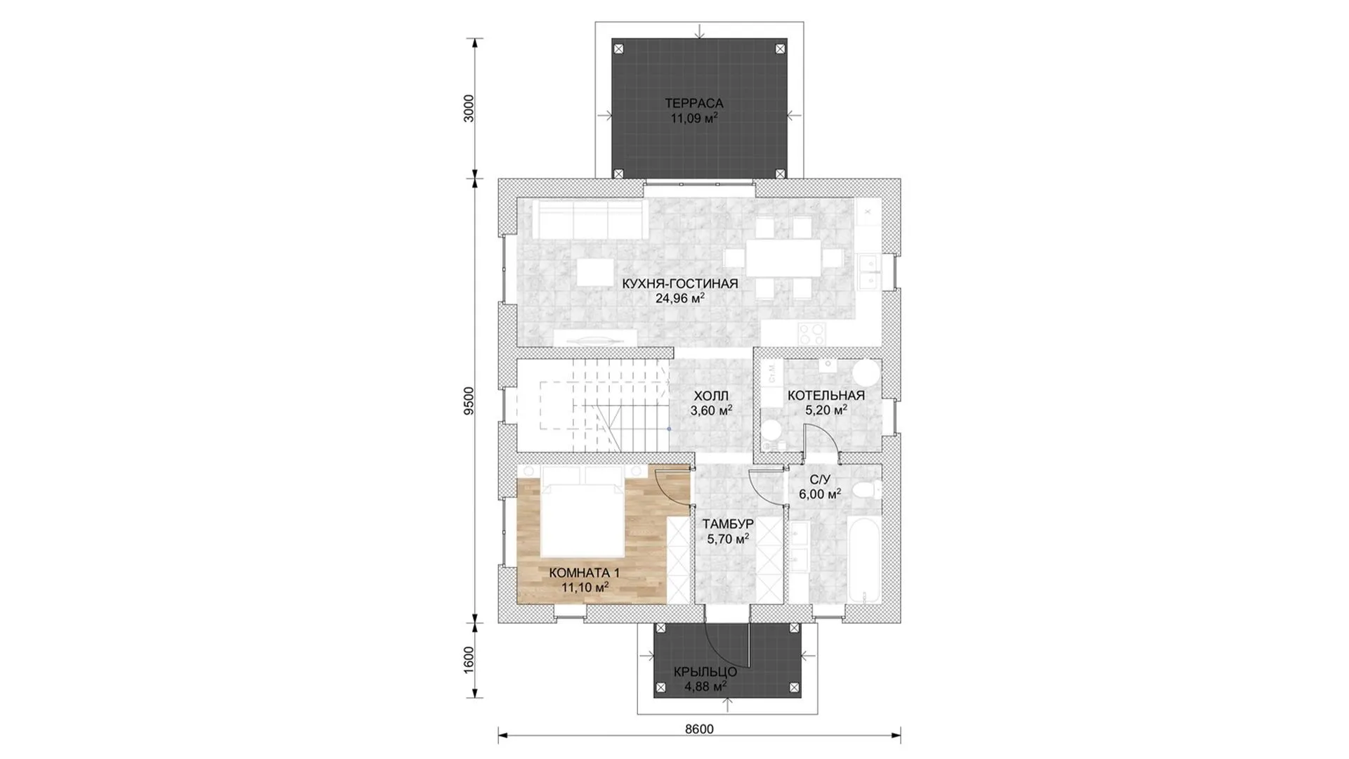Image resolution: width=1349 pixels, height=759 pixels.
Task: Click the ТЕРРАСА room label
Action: [x=694, y=104]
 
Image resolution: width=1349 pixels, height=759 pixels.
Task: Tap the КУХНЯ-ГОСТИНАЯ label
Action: [x=680, y=284]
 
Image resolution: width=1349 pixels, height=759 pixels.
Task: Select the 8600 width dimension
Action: [x=699, y=729]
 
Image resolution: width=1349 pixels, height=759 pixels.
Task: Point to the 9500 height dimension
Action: [x=469, y=401]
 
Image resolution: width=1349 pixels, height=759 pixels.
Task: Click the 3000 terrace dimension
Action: [x=469, y=108]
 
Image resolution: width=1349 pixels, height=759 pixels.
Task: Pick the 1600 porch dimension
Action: [x=469, y=660]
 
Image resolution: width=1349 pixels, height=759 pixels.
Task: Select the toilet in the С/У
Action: [x=867, y=490]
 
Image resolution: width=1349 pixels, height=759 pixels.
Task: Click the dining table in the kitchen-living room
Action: [x=783, y=258]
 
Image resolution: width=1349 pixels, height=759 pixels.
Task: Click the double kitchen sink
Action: [x=869, y=271]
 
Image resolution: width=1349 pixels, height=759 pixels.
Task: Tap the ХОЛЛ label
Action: [x=711, y=396]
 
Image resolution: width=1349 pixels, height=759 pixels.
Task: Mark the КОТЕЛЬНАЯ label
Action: [x=826, y=396]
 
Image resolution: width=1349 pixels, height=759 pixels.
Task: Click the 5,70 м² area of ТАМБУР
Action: [x=727, y=539]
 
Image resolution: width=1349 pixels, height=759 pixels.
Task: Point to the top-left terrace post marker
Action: [x=618, y=49]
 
